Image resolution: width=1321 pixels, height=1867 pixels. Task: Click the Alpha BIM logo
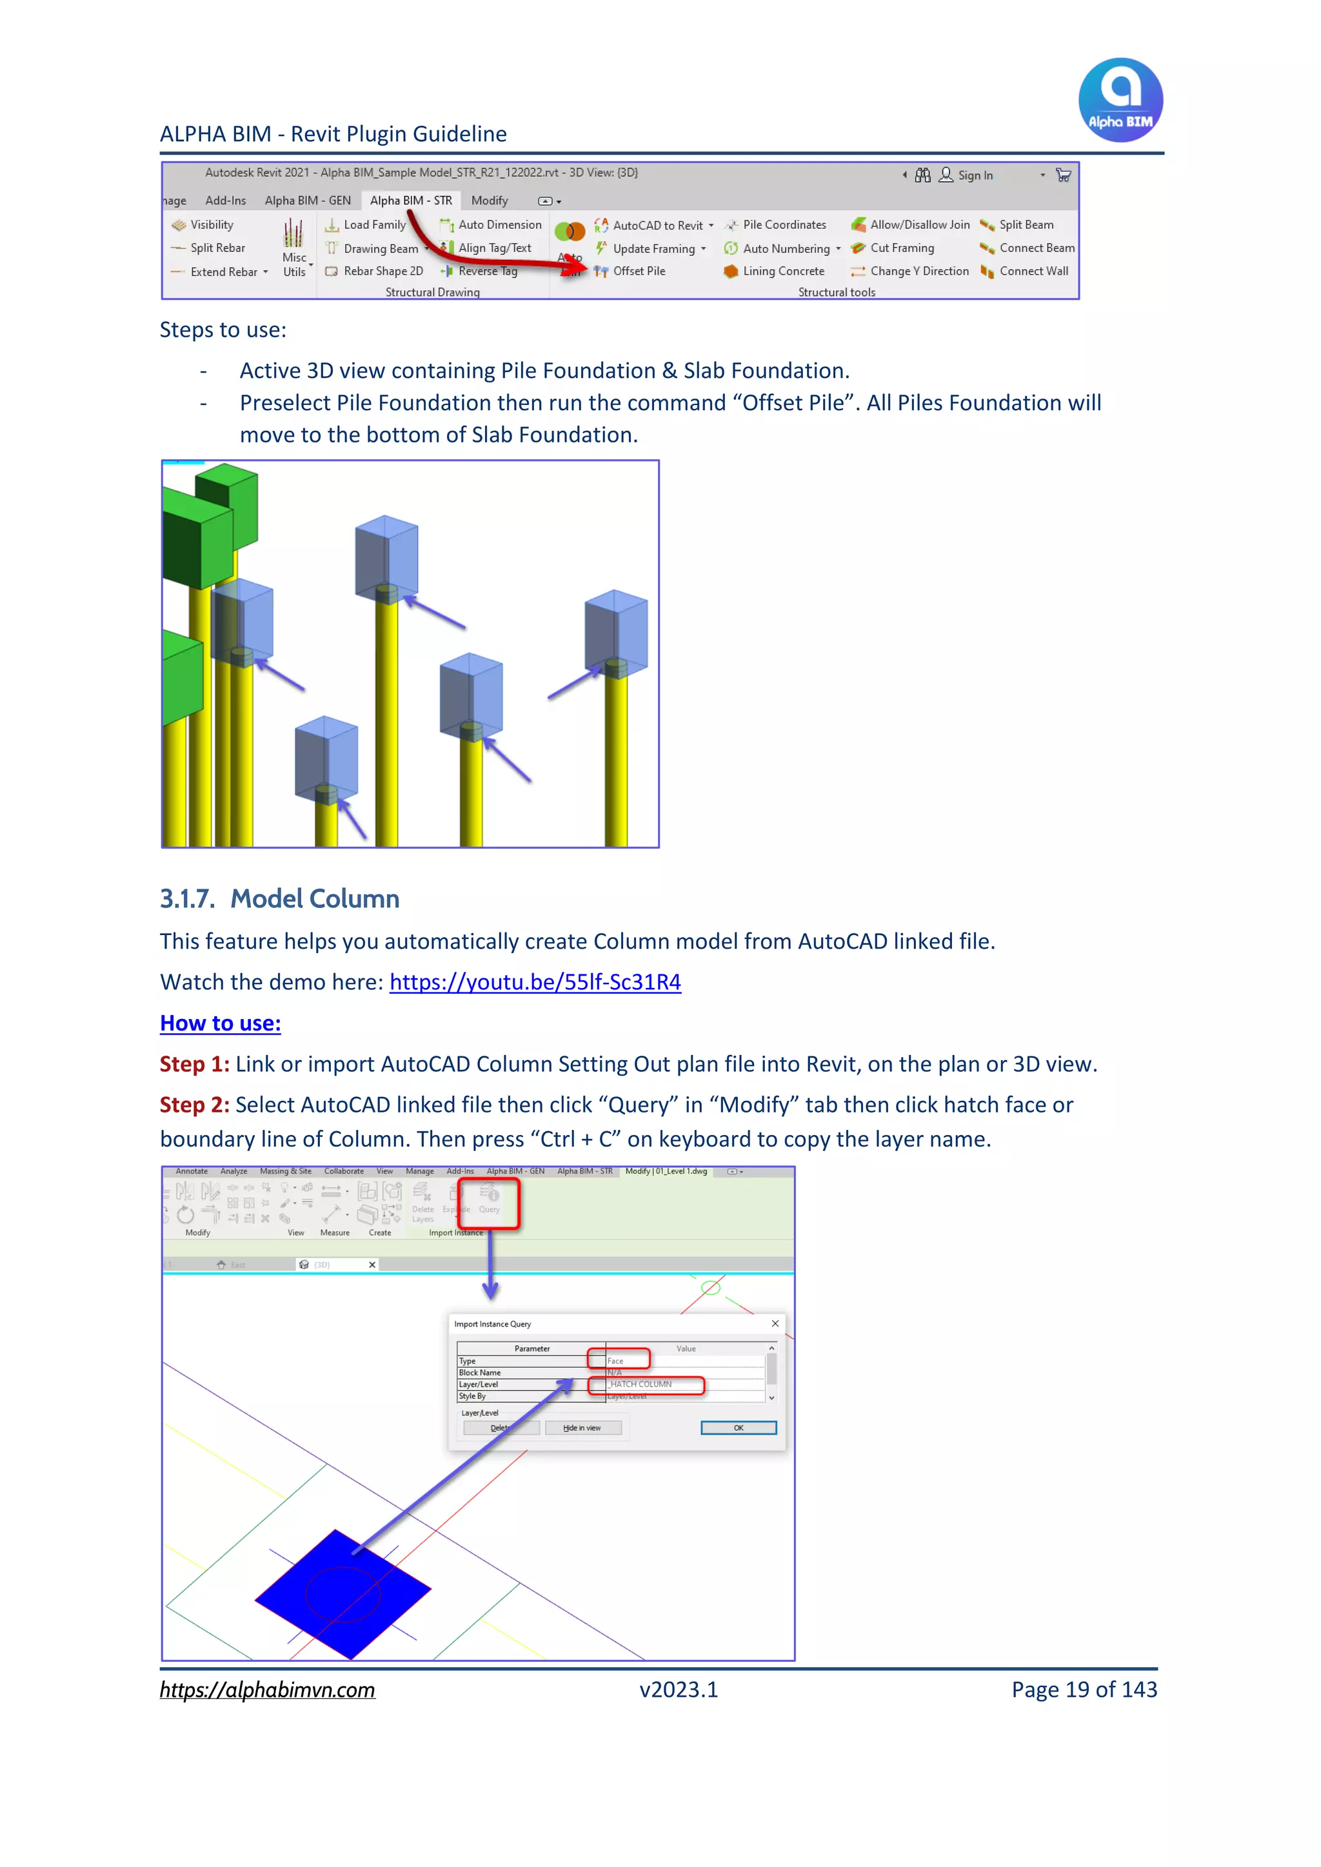tap(1120, 100)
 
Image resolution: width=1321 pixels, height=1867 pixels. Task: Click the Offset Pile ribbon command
tap(638, 272)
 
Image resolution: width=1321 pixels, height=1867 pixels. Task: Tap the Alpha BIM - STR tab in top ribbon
tap(411, 201)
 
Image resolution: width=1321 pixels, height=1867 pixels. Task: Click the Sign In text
tap(975, 175)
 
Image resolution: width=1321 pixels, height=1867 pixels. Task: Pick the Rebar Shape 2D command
tap(382, 272)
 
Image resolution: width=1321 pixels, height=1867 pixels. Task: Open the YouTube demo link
tap(535, 982)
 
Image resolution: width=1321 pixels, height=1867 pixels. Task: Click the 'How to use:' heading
tap(221, 1023)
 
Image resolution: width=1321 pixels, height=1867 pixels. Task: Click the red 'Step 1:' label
tap(194, 1065)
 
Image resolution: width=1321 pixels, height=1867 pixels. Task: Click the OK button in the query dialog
tap(738, 1428)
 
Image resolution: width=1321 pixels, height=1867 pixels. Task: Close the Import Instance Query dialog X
tap(775, 1324)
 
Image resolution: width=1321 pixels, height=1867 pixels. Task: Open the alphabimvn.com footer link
tap(267, 1690)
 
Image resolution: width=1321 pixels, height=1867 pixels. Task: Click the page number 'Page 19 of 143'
tap(1084, 1690)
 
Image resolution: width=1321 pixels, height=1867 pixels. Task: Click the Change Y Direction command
tap(919, 272)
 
